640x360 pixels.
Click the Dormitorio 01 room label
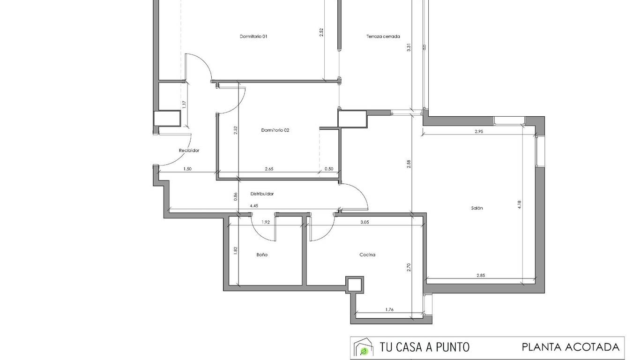(253, 36)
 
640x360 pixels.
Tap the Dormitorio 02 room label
(275, 130)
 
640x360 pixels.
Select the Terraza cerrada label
(383, 36)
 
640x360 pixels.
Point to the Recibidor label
(189, 150)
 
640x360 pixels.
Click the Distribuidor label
(262, 194)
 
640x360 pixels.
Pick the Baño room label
(262, 255)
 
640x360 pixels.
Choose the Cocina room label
(367, 255)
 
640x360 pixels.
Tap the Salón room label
(477, 208)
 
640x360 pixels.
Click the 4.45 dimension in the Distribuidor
(254, 206)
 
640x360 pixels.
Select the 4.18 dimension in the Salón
(520, 204)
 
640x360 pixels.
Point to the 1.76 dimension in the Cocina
(389, 309)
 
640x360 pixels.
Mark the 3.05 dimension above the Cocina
(365, 222)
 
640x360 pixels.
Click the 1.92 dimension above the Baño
(266, 222)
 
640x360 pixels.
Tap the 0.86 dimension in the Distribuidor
(235, 196)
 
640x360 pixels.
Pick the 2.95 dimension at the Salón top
(479, 132)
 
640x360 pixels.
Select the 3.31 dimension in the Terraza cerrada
(409, 47)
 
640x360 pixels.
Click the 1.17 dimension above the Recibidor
(184, 105)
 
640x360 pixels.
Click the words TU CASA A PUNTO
(424, 347)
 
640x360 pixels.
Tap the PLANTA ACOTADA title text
(571, 347)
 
